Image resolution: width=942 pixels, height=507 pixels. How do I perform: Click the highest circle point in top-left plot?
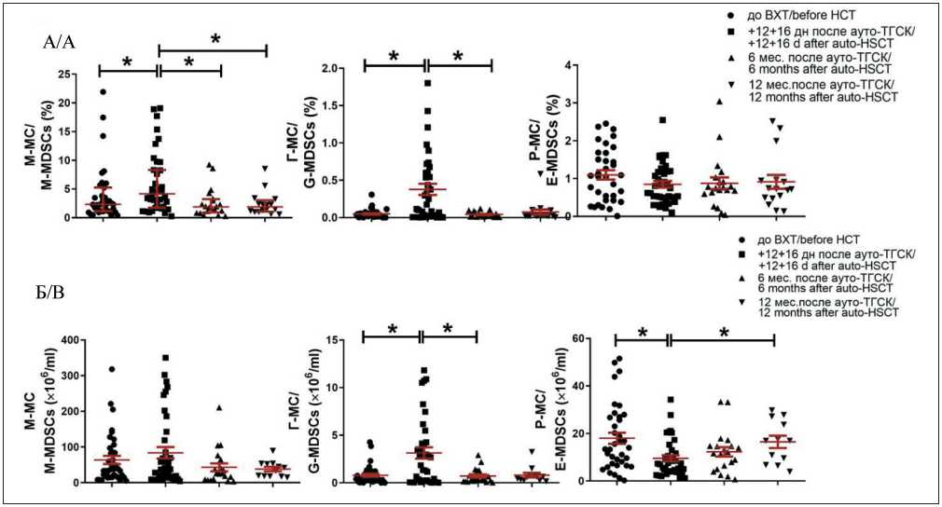click(x=103, y=91)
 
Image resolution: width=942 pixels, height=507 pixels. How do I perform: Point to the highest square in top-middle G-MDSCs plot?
click(x=427, y=83)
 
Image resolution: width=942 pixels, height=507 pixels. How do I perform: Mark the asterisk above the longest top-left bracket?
click(x=215, y=39)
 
